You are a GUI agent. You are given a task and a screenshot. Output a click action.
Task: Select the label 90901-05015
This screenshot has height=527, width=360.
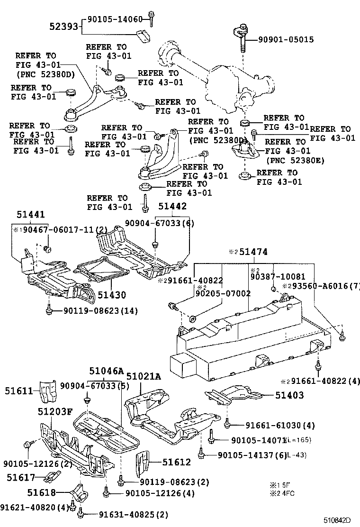point(279,40)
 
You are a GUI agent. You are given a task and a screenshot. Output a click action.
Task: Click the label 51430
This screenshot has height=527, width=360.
point(112,295)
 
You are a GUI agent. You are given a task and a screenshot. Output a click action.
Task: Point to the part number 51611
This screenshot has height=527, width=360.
point(19,391)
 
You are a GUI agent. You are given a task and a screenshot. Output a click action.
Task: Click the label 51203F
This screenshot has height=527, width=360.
point(55,411)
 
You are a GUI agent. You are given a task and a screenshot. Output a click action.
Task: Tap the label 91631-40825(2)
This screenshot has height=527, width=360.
point(127,515)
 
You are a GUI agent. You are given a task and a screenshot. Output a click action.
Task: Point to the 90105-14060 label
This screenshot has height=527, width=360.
point(115,19)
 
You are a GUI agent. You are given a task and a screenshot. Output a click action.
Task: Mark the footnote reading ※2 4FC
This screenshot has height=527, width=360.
point(283,493)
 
